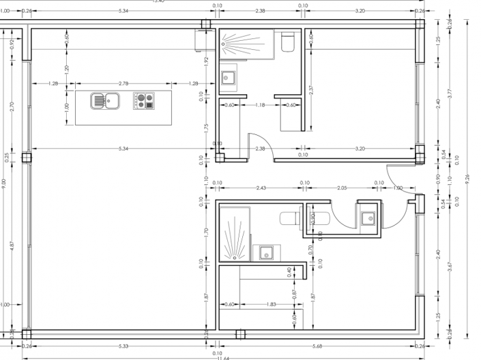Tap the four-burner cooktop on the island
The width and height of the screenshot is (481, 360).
(145, 101)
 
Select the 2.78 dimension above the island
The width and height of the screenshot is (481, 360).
(123, 83)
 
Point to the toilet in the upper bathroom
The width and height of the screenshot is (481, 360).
(287, 42)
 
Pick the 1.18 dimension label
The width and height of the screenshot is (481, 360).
(260, 105)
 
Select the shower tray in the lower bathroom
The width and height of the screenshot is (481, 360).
(234, 235)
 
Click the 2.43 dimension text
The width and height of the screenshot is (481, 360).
(261, 188)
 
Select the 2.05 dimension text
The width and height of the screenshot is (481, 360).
(342, 188)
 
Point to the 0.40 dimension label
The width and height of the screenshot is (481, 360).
(290, 271)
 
